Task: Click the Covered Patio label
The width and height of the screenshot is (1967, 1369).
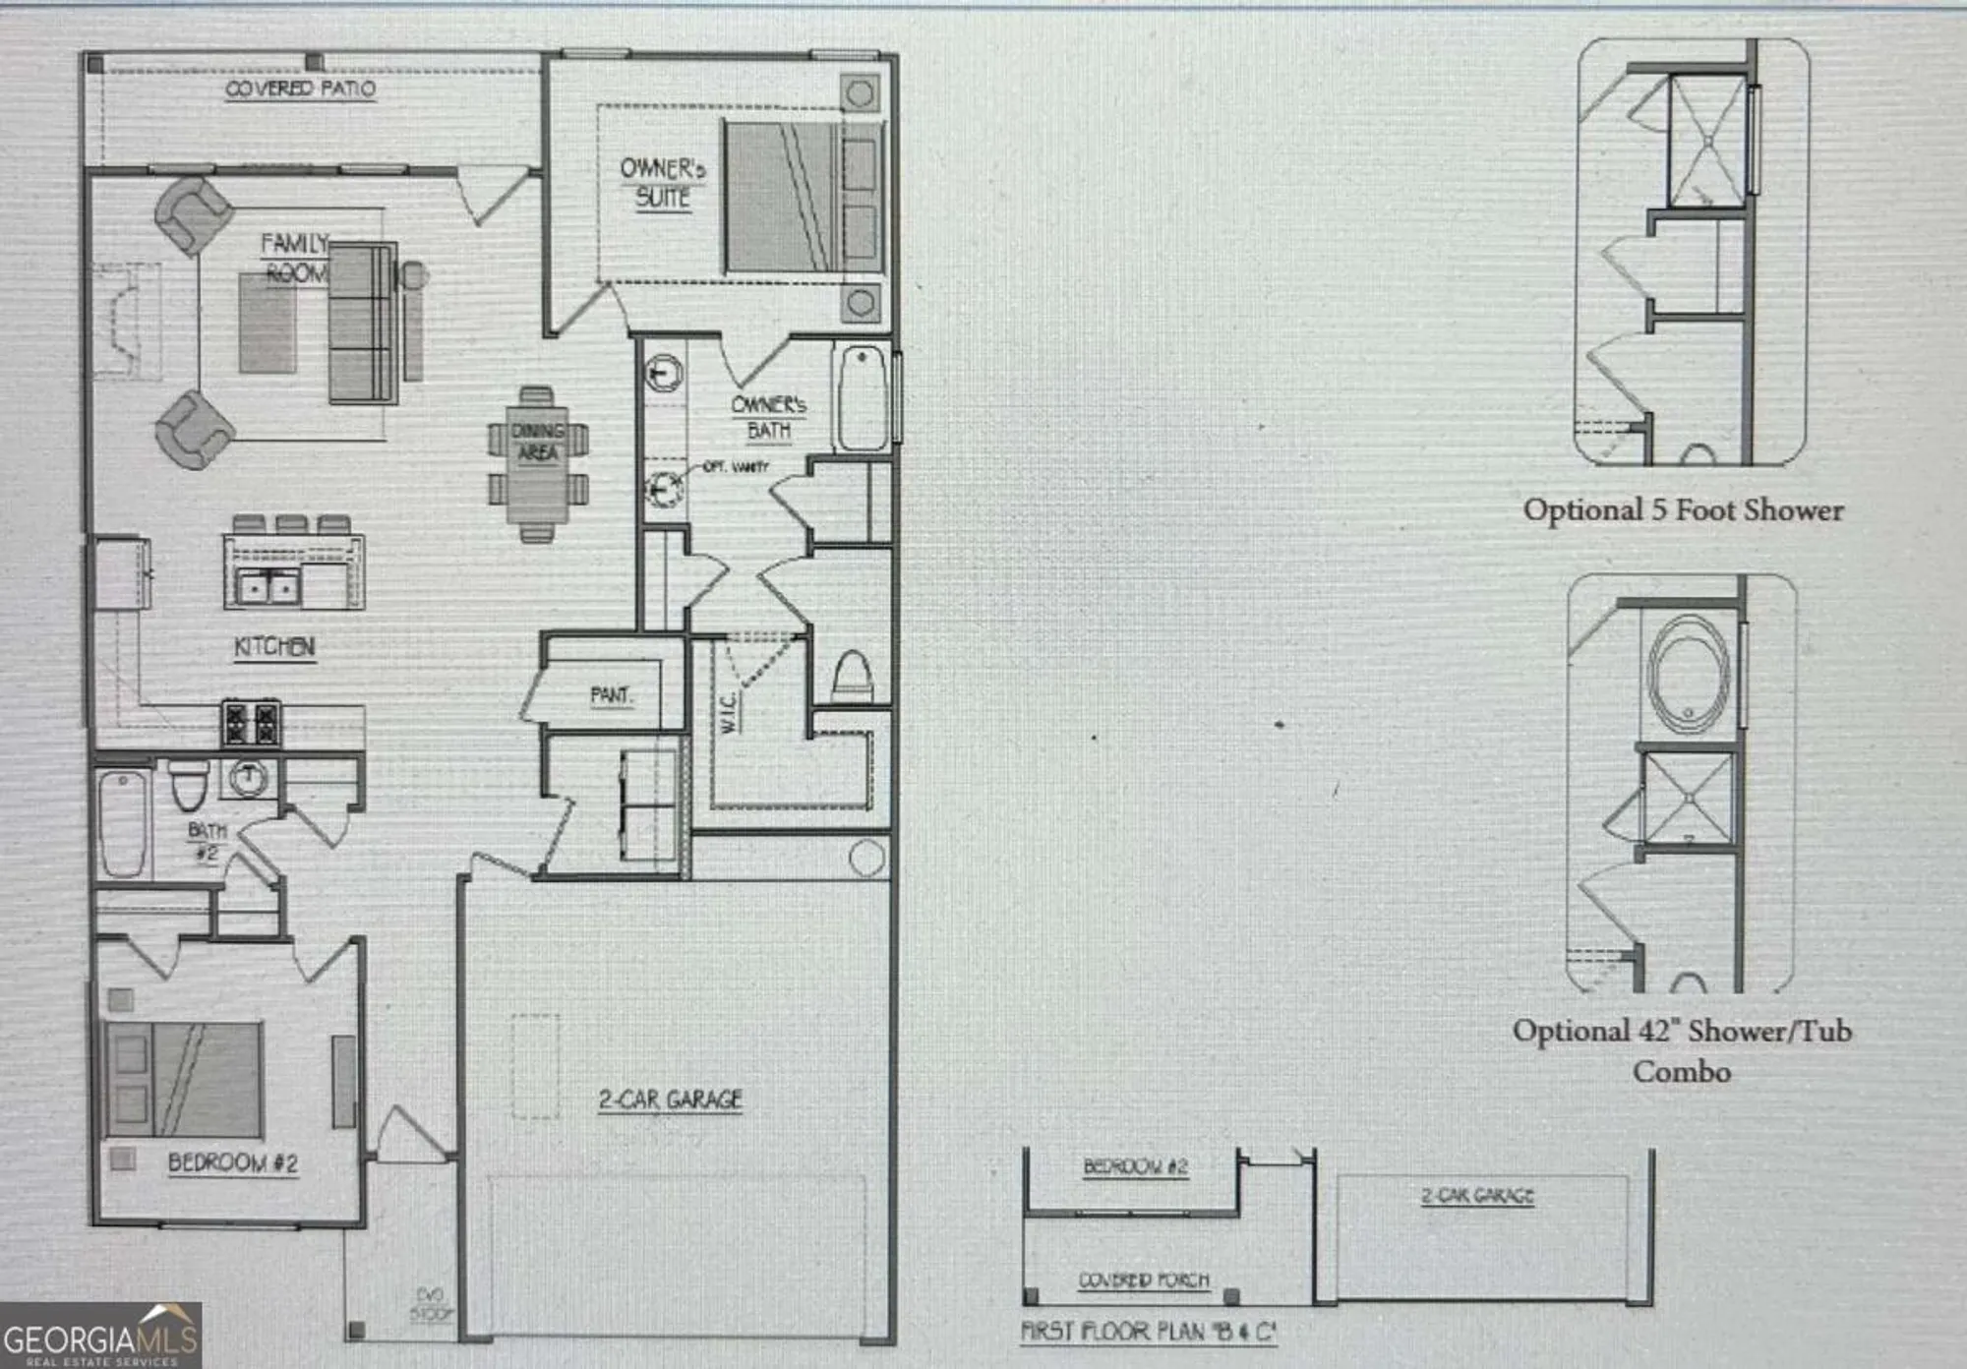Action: [300, 89]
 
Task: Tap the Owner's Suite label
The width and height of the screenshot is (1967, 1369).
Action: [662, 183]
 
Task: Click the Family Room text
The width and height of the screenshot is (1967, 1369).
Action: [294, 257]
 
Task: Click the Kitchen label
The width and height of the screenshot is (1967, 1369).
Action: [274, 646]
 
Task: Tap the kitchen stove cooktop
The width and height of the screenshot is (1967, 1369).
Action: [251, 723]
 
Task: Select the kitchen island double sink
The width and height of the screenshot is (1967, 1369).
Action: [268, 587]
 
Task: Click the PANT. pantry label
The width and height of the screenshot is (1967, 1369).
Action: [611, 695]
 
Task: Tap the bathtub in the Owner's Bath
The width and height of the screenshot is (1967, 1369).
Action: [863, 397]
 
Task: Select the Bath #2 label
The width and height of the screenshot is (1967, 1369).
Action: [207, 842]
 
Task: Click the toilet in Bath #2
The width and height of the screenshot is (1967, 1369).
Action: [189, 784]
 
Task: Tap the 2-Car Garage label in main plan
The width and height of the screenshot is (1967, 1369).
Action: [670, 1100]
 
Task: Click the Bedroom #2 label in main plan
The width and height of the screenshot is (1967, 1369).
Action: [232, 1162]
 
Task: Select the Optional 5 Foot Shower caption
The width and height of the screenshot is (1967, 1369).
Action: [1683, 509]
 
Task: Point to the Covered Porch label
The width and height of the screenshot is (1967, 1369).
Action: [1144, 1280]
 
